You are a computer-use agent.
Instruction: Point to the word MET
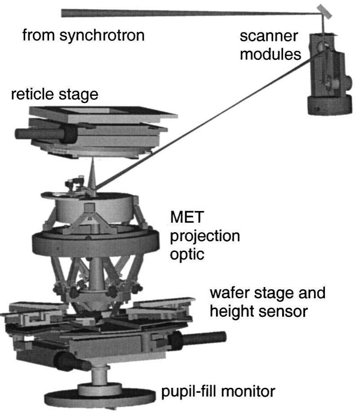point(187,219)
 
